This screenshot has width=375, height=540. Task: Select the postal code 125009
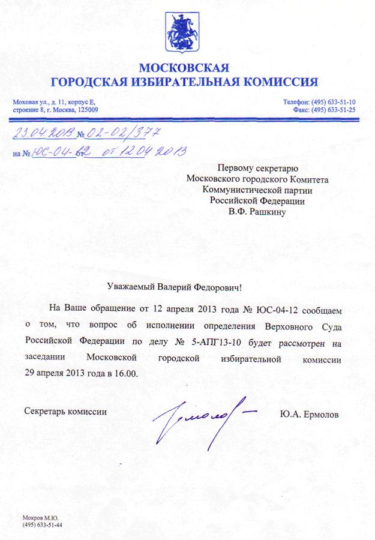click(x=86, y=109)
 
